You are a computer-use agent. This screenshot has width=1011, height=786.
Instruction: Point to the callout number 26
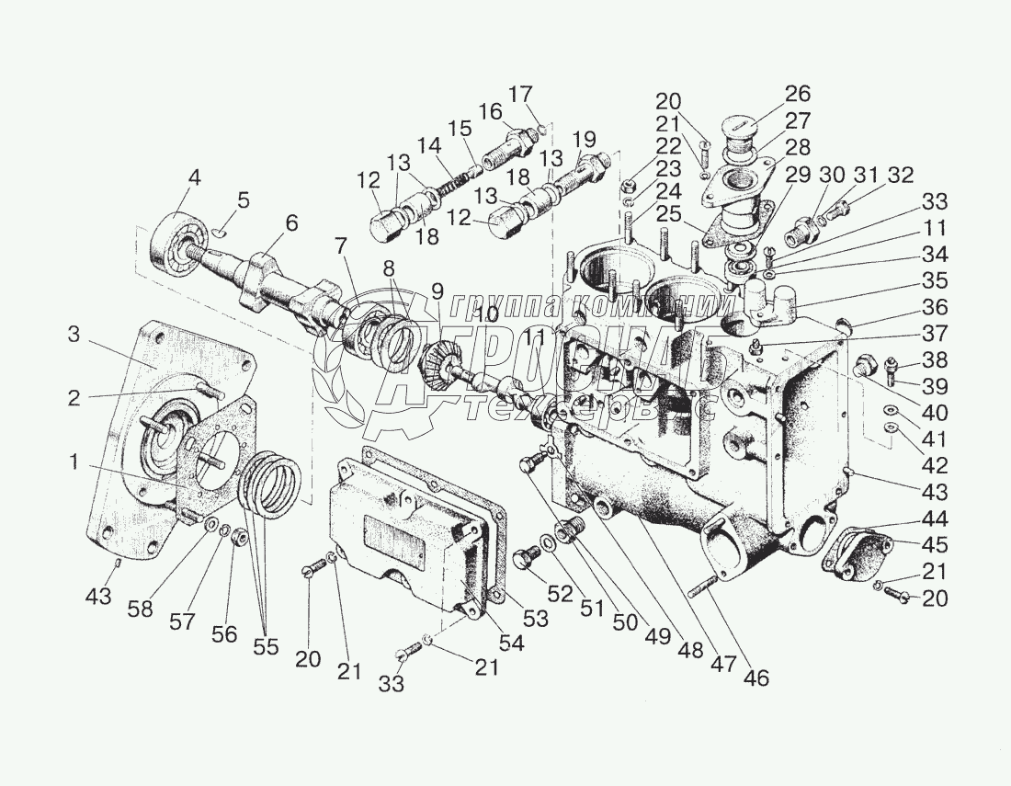[797, 93]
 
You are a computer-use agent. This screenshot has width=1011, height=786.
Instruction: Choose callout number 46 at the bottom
[757, 678]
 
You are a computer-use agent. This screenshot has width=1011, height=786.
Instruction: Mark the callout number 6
[290, 222]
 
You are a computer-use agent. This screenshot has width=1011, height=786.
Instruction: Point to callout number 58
[141, 609]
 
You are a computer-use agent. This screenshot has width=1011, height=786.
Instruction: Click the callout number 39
[935, 386]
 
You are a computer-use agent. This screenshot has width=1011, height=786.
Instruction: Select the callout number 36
[935, 308]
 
